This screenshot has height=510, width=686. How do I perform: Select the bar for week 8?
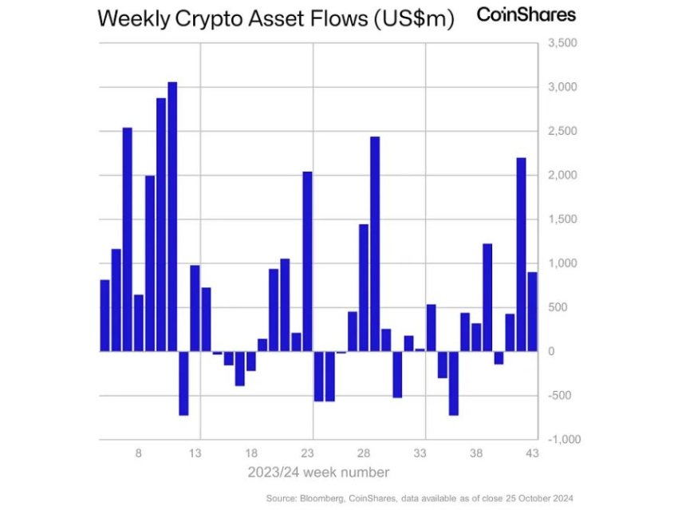click(138, 322)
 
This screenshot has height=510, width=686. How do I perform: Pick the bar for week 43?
click(532, 311)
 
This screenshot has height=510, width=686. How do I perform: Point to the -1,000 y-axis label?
click(562, 440)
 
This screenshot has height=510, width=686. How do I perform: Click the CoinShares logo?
click(526, 15)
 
